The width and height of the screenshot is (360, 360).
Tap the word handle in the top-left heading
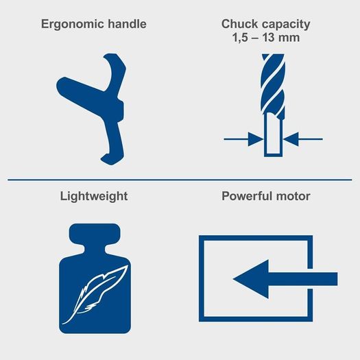pyautogui.click(x=127, y=24)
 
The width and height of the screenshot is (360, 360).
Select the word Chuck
pyautogui.click(x=239, y=24)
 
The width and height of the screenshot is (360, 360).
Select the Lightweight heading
pyautogui.click(x=94, y=197)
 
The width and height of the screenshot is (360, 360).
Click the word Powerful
pyautogui.click(x=247, y=196)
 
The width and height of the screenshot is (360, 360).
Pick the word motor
pyautogui.click(x=293, y=197)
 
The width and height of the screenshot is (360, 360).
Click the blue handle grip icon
pyautogui.click(x=91, y=109)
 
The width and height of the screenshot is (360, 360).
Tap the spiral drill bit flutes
pyautogui.click(x=273, y=85)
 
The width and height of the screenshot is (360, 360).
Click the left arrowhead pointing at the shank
pyautogui.click(x=256, y=139)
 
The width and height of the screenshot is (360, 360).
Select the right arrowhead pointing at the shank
pyautogui.click(x=291, y=139)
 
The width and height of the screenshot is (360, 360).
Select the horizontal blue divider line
pyautogui.click(x=180, y=180)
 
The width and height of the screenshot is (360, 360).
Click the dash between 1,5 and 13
pyautogui.click(x=256, y=38)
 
